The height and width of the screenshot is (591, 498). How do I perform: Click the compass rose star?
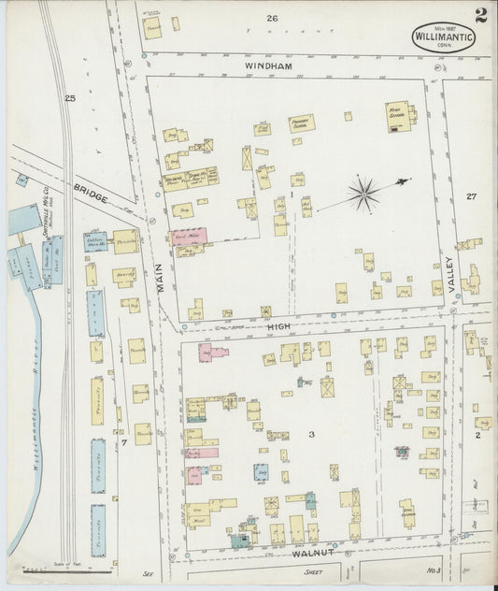pos(363,195)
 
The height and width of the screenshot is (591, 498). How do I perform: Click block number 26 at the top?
pos(271,18)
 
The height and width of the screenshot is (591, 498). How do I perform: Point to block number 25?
pos(69,97)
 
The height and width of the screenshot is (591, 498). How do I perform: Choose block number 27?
pos(471,196)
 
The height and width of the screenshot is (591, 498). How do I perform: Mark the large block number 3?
pos(312,434)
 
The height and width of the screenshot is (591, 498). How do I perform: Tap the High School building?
pos(398,117)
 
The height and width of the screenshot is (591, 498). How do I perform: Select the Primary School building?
pos(301,123)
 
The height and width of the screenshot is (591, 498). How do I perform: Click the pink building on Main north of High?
pos(188,236)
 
